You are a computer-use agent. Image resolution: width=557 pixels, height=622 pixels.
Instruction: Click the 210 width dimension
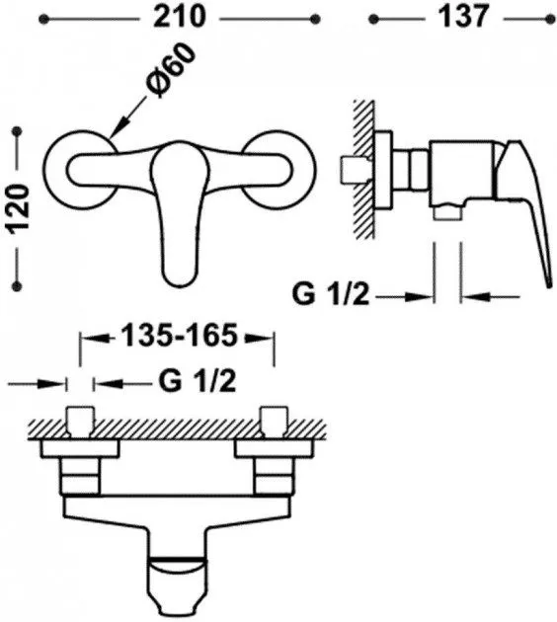(180, 17)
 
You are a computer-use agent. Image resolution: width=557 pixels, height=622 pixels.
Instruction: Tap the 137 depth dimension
(462, 17)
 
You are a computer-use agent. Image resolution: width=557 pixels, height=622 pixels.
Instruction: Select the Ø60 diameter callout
(171, 71)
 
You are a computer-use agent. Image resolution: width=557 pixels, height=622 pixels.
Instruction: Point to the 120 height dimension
(19, 208)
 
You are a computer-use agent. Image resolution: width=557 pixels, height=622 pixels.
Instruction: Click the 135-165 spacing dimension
(179, 336)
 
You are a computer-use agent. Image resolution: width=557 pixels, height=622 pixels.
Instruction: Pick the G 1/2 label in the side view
(331, 295)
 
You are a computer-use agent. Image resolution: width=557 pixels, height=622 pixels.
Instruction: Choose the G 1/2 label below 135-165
(198, 382)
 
